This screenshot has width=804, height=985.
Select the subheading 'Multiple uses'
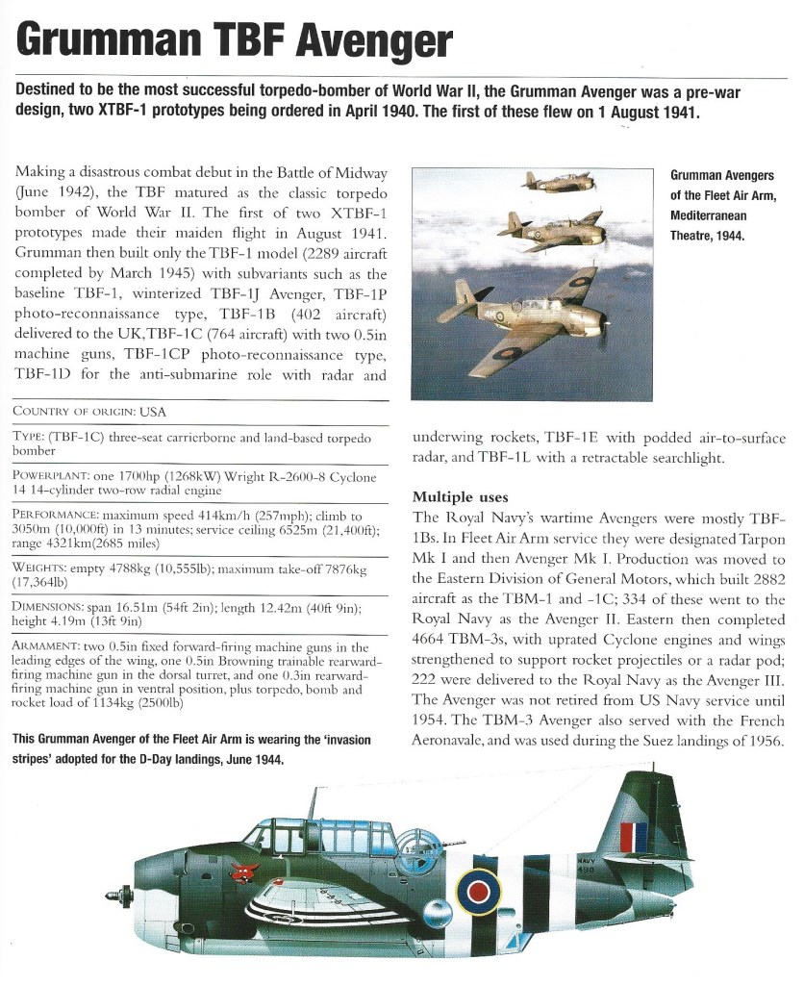click(458, 496)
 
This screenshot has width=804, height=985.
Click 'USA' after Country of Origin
click(153, 412)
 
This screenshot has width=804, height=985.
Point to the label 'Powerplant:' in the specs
click(53, 475)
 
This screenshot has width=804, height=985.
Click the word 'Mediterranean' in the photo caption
click(712, 215)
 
